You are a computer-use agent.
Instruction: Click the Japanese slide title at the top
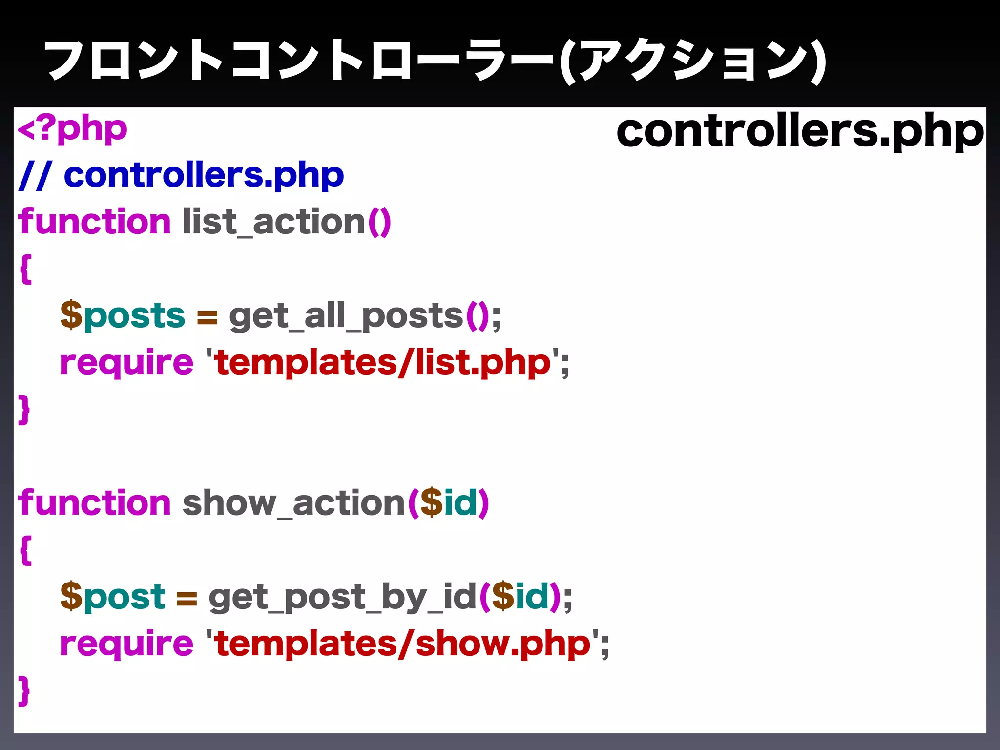pos(435,61)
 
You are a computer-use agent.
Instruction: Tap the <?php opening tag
pos(72,129)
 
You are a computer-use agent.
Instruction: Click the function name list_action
pos(273,222)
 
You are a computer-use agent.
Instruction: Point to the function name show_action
pos(293,503)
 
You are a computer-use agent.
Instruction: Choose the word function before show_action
pos(94,502)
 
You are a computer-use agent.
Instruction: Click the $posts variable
pos(122,315)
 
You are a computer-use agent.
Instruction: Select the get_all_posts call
pos(346,316)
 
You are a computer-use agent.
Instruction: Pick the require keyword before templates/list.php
pos(126,363)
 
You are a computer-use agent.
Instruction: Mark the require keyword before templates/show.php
pos(126,645)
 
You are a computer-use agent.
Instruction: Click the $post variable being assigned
pos(113,597)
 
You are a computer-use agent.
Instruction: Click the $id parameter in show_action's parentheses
pos(448,502)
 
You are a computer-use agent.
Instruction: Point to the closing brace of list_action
pos(24,409)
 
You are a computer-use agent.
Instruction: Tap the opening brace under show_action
pos(26,550)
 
